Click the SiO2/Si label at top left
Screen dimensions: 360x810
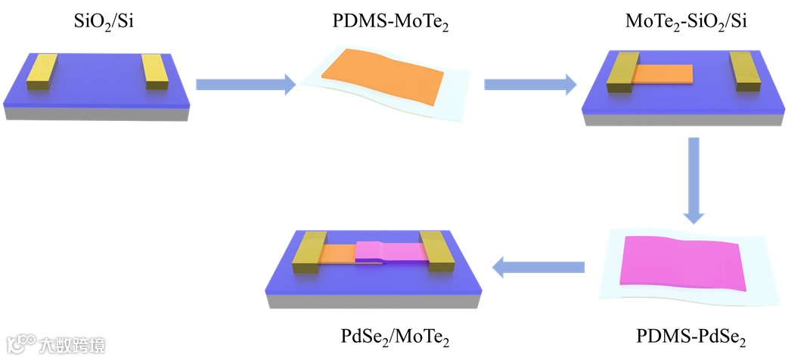98,22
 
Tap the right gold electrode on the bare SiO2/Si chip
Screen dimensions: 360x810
157,73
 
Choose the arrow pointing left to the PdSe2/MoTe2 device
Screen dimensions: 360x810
538,266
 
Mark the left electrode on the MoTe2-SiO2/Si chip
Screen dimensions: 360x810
624,72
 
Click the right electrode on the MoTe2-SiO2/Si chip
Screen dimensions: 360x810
744,73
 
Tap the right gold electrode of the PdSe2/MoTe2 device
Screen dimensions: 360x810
439,250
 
